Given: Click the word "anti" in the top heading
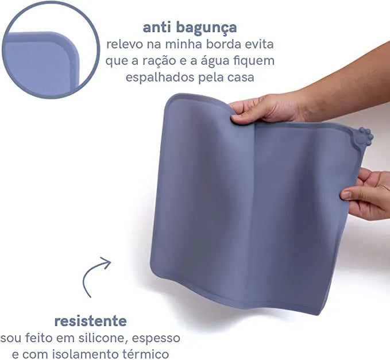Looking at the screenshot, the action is click(x=157, y=27).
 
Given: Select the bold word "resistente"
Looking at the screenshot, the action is click(x=91, y=321).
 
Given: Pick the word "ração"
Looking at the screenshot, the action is click(x=160, y=61).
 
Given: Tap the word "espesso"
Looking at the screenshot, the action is click(x=156, y=339).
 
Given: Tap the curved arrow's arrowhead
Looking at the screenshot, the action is click(x=107, y=262).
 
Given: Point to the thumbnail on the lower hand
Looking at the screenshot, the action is click(x=345, y=195).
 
